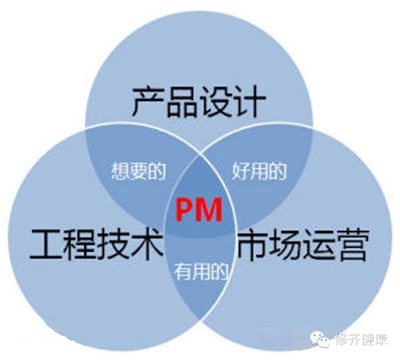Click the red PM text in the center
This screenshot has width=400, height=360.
[199, 210]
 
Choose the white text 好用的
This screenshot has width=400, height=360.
[259, 172]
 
